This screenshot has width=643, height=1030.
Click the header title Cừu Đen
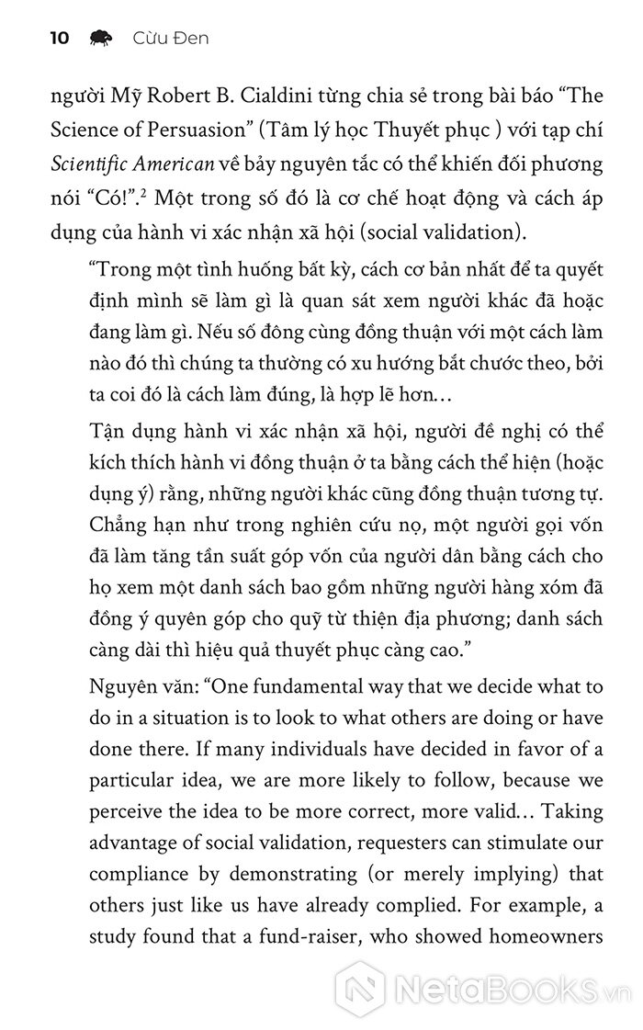(x=170, y=38)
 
